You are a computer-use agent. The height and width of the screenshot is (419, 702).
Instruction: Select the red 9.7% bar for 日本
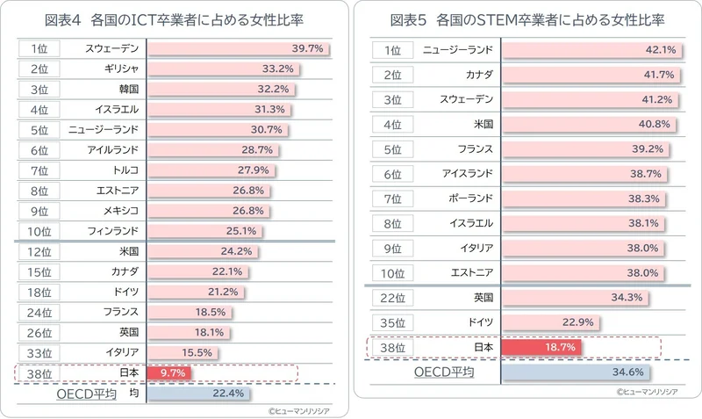pyautogui.click(x=168, y=372)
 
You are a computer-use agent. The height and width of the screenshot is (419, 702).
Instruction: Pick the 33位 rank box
pyautogui.click(x=38, y=352)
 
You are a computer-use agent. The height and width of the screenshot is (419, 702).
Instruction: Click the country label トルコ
pyautogui.click(x=126, y=169)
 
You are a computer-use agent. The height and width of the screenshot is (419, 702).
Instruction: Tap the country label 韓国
pyautogui.click(x=130, y=88)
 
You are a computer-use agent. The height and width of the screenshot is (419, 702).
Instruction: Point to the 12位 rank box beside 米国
pyautogui.click(x=38, y=251)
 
